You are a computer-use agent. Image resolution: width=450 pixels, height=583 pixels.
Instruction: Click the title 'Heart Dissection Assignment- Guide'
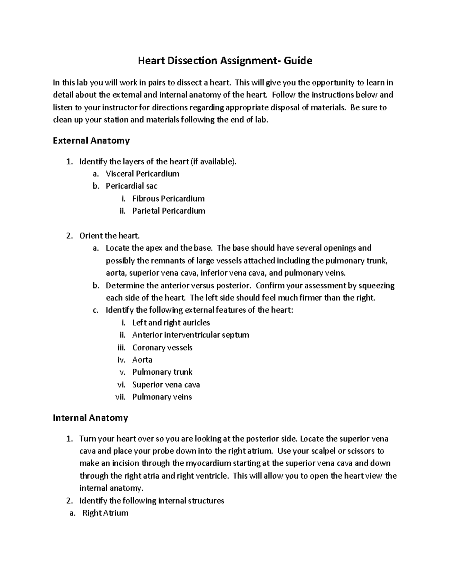225,60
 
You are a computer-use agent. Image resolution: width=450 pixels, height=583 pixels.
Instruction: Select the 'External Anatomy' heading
91,141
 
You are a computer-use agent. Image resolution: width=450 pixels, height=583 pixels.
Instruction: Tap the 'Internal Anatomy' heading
90,418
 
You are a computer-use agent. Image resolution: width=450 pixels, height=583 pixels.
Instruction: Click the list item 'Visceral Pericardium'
142,174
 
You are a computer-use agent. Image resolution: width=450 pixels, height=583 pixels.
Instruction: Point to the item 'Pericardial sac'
132,186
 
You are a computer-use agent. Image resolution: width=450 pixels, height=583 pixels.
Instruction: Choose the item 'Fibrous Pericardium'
168,199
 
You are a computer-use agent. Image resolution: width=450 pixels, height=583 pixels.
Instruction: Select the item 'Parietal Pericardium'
169,211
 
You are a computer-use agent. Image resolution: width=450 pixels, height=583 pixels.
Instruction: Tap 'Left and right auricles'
171,323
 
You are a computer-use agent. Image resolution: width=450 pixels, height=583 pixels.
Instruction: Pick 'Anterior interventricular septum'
190,335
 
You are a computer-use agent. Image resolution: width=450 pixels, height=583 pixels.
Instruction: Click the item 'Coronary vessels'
162,348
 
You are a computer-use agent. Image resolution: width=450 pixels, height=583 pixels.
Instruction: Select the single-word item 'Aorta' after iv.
142,360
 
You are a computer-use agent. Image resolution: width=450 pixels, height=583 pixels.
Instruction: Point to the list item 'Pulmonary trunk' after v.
162,372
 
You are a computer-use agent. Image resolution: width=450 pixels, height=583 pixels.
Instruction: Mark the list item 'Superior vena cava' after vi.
166,385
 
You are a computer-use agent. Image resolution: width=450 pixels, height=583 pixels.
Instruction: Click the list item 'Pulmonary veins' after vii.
162,397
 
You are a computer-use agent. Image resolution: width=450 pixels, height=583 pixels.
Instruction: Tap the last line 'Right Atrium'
105,513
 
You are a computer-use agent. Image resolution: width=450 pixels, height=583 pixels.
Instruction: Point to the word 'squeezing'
376,286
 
